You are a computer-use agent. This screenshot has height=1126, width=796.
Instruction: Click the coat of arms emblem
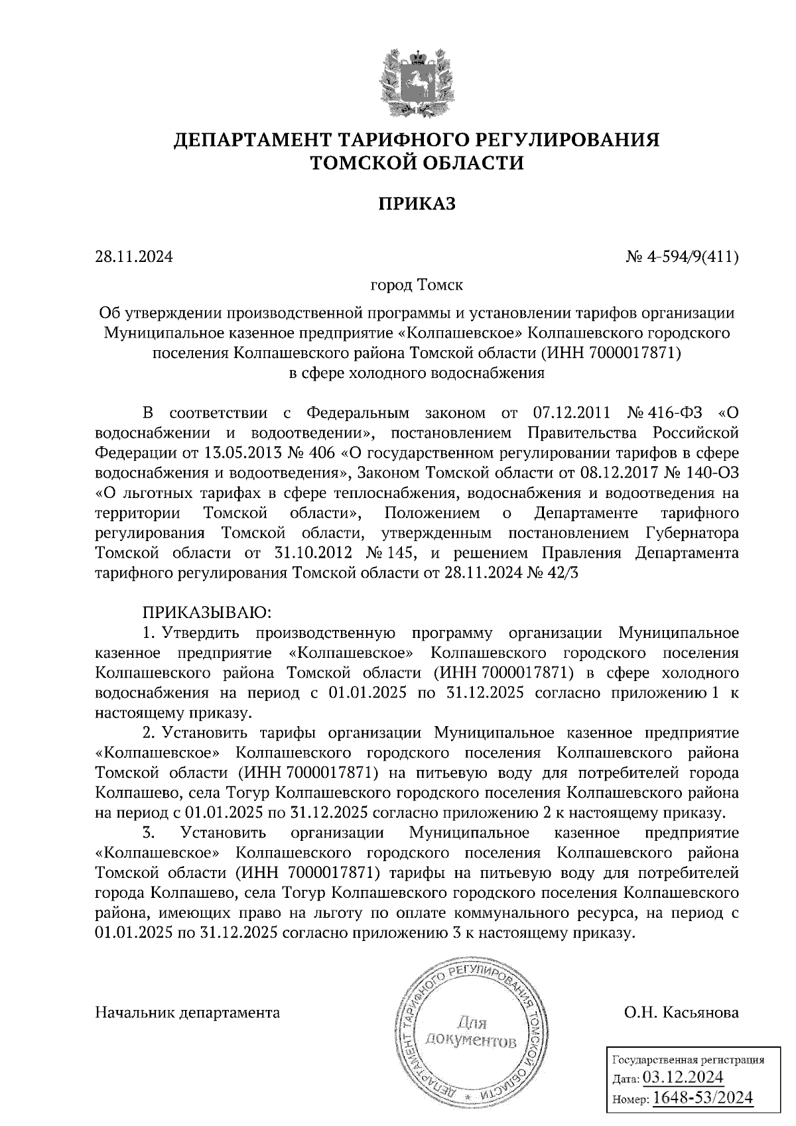[417, 80]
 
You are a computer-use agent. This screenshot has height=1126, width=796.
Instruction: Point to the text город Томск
[417, 286]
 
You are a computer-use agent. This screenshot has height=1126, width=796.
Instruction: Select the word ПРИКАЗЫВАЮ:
[204, 611]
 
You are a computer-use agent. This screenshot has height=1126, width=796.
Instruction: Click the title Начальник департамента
[188, 1013]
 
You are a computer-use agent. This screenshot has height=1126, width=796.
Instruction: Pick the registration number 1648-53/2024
[702, 1098]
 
